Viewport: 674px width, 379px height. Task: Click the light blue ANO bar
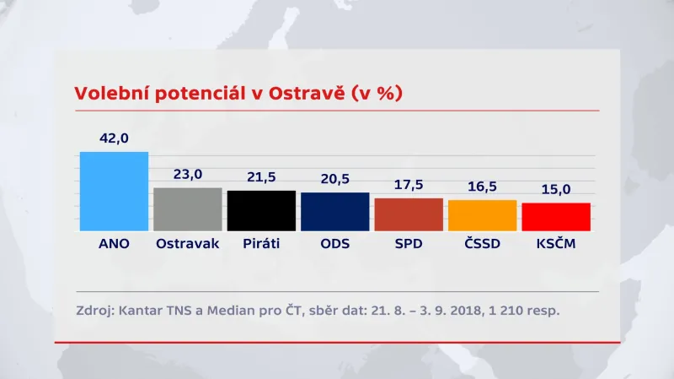click(x=114, y=191)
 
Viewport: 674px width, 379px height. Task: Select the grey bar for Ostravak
click(x=187, y=209)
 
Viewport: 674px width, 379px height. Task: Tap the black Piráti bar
click(x=261, y=210)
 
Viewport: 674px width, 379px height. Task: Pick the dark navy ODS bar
click(x=334, y=211)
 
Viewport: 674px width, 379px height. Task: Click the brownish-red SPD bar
click(x=409, y=214)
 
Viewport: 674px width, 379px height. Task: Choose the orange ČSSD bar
click(x=482, y=215)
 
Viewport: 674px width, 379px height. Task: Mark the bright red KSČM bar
click(x=556, y=216)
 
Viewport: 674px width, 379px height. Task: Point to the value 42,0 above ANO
click(x=114, y=138)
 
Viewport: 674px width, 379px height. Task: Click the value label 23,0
click(x=187, y=175)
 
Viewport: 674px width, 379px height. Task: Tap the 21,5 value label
click(x=261, y=177)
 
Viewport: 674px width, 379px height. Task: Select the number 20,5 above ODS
click(x=334, y=179)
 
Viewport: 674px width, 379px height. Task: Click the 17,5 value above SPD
click(x=409, y=185)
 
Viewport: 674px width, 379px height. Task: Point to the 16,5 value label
click(x=482, y=187)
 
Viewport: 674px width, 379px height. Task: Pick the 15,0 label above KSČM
click(x=556, y=190)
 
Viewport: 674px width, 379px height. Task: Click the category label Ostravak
click(x=187, y=244)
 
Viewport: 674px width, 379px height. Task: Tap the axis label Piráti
click(x=261, y=244)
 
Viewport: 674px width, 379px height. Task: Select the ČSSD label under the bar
click(x=482, y=244)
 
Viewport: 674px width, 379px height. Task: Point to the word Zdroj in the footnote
click(x=93, y=311)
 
